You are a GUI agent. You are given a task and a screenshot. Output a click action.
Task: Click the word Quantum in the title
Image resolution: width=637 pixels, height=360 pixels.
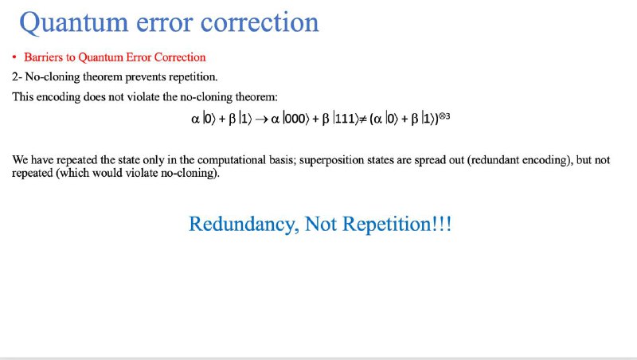(x=73, y=23)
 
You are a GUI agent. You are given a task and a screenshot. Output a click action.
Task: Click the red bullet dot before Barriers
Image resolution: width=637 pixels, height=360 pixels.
(x=14, y=57)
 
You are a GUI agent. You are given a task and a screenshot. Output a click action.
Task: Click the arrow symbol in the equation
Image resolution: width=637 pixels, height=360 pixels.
(x=261, y=119)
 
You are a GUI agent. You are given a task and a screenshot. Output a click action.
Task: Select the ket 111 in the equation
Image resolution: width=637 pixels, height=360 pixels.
(x=346, y=119)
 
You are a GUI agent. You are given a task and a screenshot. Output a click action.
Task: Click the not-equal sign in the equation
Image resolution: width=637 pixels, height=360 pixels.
(x=363, y=119)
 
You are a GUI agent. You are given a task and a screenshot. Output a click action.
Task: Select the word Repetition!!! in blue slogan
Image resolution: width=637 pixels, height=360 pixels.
(x=397, y=225)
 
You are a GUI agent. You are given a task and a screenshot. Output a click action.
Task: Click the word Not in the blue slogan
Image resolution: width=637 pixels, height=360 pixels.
(x=321, y=224)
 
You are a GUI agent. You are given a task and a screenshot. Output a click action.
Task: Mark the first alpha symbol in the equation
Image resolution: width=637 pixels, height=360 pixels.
(x=195, y=119)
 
